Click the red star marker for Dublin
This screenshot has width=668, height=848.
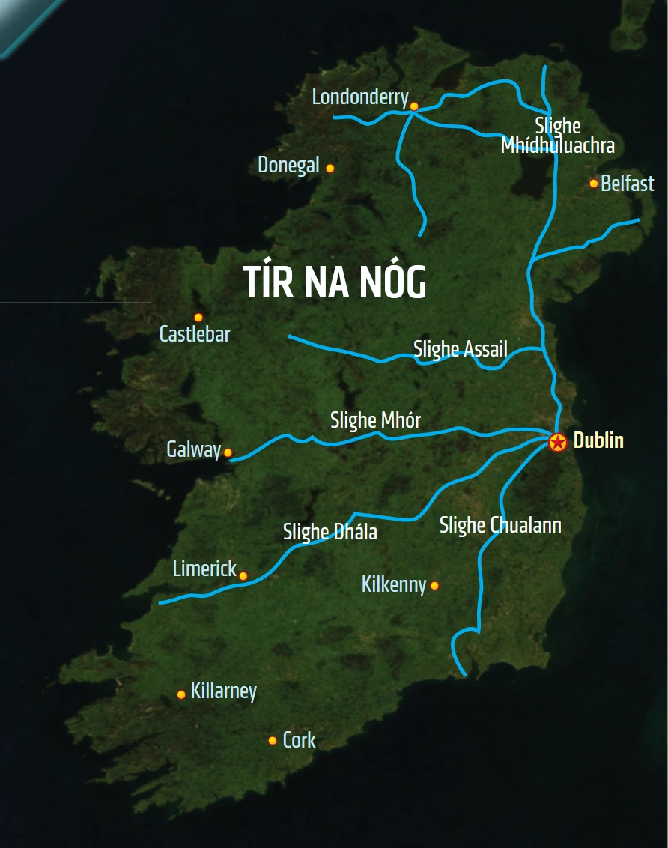click(x=557, y=442)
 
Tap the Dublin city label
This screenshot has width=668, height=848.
click(x=598, y=440)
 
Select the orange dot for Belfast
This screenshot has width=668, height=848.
click(x=594, y=183)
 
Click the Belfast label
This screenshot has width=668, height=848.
click(x=627, y=184)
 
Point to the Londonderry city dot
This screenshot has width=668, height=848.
click(x=414, y=106)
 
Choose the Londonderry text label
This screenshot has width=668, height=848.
click(x=360, y=97)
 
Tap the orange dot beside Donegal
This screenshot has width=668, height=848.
click(x=330, y=168)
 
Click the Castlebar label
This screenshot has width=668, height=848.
click(x=195, y=334)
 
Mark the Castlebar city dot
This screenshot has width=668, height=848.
click(x=198, y=318)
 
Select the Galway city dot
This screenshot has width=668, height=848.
click(x=228, y=452)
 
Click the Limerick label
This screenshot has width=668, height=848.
click(x=204, y=569)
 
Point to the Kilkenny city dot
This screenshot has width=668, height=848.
click(x=434, y=585)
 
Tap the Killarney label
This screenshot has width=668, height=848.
click(x=223, y=691)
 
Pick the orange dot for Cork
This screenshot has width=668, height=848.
click(x=273, y=740)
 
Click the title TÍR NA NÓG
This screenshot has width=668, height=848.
click(x=335, y=283)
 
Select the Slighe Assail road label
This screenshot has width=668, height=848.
click(x=461, y=348)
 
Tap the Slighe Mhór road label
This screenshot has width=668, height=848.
click(x=375, y=420)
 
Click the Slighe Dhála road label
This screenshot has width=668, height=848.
click(x=330, y=532)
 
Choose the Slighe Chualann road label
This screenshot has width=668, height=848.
click(x=500, y=525)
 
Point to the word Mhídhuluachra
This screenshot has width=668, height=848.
click(x=557, y=145)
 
